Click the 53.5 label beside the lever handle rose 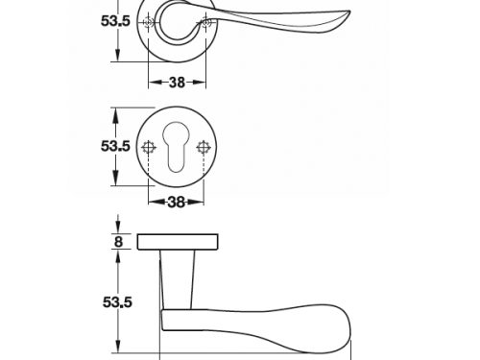pyautogui.click(x=115, y=21)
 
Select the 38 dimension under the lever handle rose pyautogui.click(x=177, y=83)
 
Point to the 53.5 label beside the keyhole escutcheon pyautogui.click(x=115, y=146)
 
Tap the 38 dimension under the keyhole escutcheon pyautogui.click(x=177, y=203)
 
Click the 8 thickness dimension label pyautogui.click(x=118, y=242)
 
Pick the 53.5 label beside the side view pyautogui.click(x=117, y=302)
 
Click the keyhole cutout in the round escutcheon pyautogui.click(x=176, y=147)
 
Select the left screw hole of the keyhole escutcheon pyautogui.click(x=149, y=148)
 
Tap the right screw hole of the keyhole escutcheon pyautogui.click(x=204, y=148)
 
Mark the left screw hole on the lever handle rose pyautogui.click(x=148, y=22)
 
